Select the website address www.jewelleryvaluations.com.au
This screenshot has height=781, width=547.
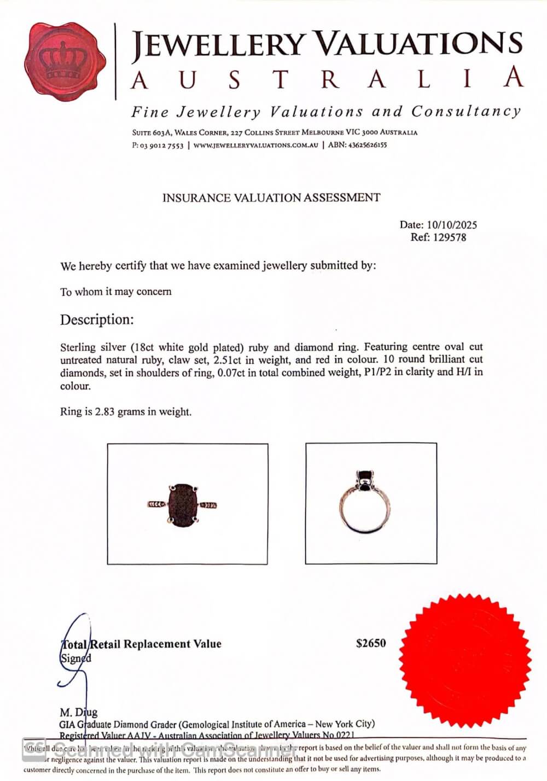[255, 145]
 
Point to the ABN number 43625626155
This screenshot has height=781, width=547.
[367, 145]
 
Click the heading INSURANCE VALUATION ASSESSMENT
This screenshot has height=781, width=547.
[271, 198]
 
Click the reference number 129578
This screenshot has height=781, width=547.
[450, 237]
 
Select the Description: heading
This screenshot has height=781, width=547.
[97, 319]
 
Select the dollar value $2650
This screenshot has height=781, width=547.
[371, 643]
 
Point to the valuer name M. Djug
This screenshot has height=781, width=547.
[78, 712]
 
